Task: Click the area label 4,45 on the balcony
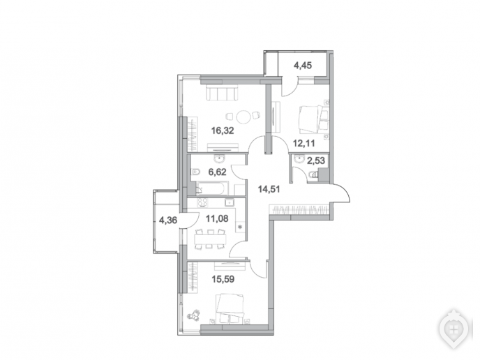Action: (x=303, y=65)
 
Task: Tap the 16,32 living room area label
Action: (x=223, y=130)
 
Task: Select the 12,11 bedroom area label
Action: (x=303, y=143)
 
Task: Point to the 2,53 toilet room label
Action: (x=315, y=160)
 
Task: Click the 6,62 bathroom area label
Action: (x=218, y=172)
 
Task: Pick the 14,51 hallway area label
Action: (x=269, y=189)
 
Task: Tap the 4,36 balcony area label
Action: (x=168, y=220)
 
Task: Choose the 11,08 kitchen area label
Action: (x=217, y=218)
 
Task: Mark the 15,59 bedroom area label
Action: (x=223, y=279)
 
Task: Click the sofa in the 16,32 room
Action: (x=222, y=93)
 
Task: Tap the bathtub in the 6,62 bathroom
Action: (x=212, y=188)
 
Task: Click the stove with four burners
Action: (x=202, y=202)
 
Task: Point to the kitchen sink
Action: (x=230, y=202)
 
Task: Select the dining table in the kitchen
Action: (x=210, y=239)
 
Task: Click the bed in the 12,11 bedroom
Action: (x=313, y=120)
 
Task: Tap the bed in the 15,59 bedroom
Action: (x=230, y=308)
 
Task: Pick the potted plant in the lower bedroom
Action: (x=194, y=315)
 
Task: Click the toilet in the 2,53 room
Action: (x=313, y=175)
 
